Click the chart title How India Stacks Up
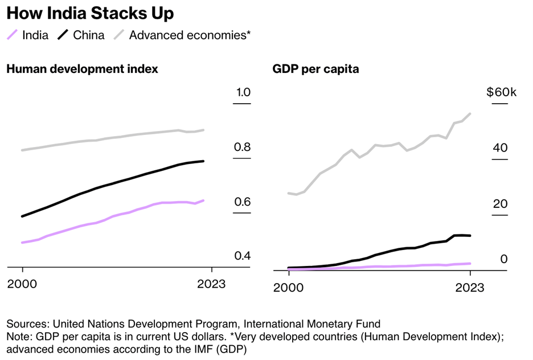(90, 13)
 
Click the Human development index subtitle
(82, 69)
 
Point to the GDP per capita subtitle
(315, 69)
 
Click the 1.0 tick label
(243, 92)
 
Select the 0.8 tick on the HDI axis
(243, 148)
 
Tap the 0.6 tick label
(243, 202)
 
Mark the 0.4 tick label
(243, 256)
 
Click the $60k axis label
(501, 92)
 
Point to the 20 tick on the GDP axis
(500, 204)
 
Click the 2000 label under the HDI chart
(22, 284)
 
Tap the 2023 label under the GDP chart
(470, 288)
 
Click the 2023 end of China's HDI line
(204, 161)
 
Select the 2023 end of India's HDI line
(204, 201)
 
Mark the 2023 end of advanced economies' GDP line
(470, 113)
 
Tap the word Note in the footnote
(18, 336)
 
